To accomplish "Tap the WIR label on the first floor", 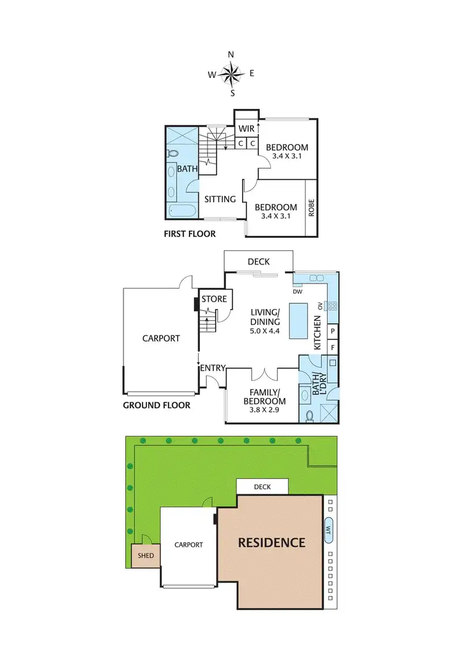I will pos(248,129).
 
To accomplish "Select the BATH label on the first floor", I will pos(186,168).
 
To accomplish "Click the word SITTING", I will pos(220,199).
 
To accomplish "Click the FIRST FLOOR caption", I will pos(190,234).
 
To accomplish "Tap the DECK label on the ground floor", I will pos(259,261).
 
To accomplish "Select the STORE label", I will pos(214,299).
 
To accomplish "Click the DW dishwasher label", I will pos(298,291).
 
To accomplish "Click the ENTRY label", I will pos(212,368).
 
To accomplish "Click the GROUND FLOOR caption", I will pos(157,405).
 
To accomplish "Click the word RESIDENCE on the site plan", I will pos(272,543).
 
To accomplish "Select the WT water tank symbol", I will pos(328,530).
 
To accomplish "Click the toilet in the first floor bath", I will pos(173,153).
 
